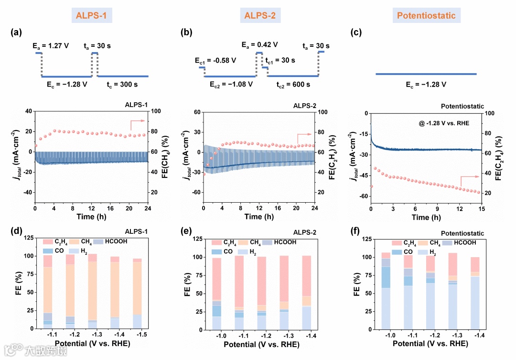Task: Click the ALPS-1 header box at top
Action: (x=92, y=16)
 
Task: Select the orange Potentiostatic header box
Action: (x=427, y=16)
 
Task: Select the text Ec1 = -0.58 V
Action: (x=215, y=61)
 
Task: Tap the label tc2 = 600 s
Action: (x=293, y=84)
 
